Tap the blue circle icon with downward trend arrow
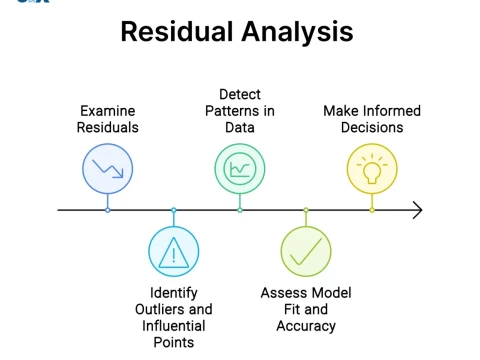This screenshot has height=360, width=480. coord(108,168)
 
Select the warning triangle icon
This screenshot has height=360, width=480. coord(174,252)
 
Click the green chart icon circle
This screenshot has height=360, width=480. coord(240,168)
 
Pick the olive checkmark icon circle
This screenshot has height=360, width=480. coord(306,252)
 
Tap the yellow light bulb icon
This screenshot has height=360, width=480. coord(372,168)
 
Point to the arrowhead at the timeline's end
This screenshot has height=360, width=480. coord(417,210)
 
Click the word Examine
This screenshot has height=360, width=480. coord(108,111)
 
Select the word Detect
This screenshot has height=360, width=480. coord(240,94)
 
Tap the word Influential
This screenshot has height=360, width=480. coord(174,325)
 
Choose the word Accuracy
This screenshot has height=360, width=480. coord(306,325)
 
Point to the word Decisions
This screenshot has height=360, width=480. coord(372,127)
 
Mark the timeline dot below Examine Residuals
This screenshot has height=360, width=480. coord(108,210)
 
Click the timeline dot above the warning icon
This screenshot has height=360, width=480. coord(174,210)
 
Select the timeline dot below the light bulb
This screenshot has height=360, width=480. coord(372,210)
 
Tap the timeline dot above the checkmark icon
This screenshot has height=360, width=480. coord(306,210)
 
